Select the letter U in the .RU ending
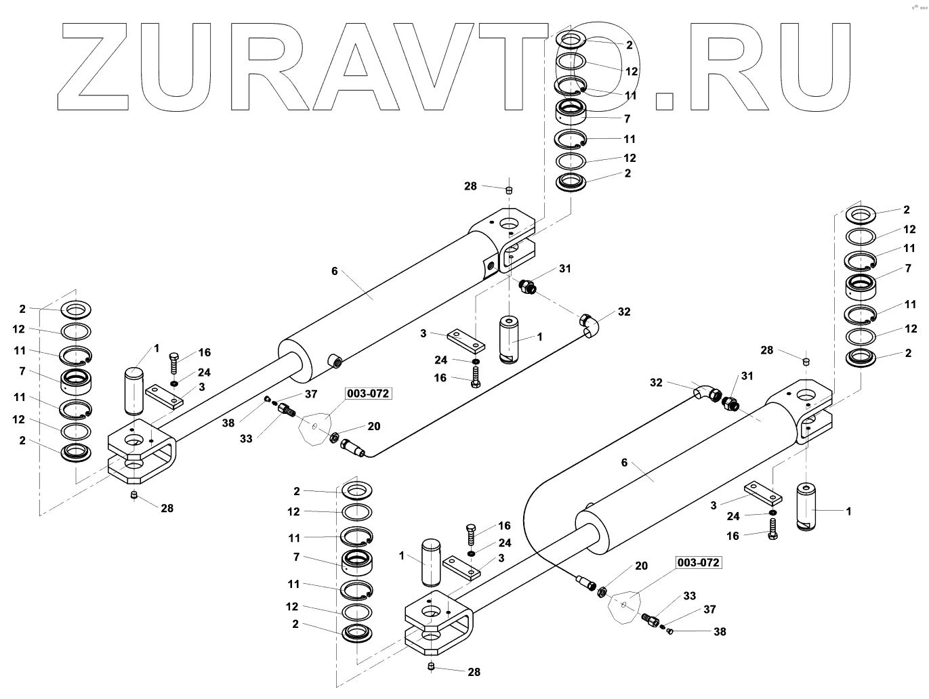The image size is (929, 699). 823,68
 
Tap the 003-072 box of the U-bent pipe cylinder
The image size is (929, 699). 698,563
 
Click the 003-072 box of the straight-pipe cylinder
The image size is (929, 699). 369,394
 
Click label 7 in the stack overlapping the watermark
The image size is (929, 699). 627,119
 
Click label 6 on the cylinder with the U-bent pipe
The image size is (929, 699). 624,463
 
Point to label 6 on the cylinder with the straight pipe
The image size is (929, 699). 334,271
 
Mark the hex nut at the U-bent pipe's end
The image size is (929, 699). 601,592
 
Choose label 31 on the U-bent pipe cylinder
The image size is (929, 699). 747,376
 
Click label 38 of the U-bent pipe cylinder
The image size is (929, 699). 720,631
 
